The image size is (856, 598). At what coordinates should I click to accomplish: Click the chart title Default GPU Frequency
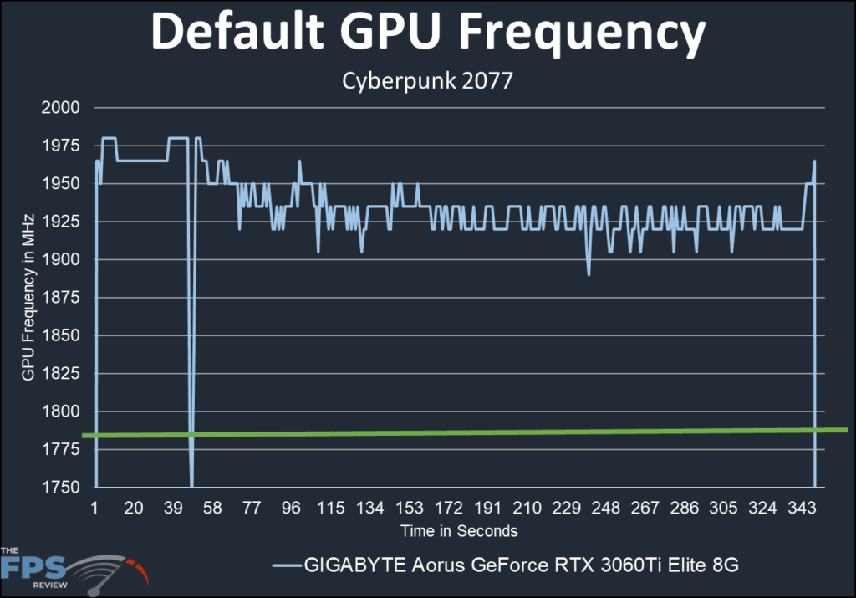pyautogui.click(x=428, y=35)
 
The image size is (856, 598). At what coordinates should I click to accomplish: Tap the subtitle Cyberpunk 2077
pyautogui.click(x=428, y=83)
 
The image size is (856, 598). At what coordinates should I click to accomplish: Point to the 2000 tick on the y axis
pyautogui.click(x=63, y=108)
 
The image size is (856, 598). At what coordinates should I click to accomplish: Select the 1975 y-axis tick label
pyautogui.click(x=63, y=146)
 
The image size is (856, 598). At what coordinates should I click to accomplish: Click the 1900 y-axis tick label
pyautogui.click(x=63, y=260)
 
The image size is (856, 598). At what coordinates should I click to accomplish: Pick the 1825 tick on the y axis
pyautogui.click(x=63, y=374)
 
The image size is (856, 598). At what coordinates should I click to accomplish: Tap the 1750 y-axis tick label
pyautogui.click(x=63, y=488)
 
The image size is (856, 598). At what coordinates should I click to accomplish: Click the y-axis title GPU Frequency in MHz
pyautogui.click(x=28, y=298)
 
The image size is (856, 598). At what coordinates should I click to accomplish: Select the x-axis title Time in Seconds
pyautogui.click(x=459, y=531)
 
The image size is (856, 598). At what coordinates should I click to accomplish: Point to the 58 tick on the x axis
pyautogui.click(x=212, y=509)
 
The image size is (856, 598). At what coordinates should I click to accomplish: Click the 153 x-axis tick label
pyautogui.click(x=410, y=509)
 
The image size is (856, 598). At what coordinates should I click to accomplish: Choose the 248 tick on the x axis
pyautogui.click(x=606, y=509)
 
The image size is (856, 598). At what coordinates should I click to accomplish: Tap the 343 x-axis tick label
pyautogui.click(x=802, y=509)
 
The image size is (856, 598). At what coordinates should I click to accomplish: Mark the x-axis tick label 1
pyautogui.click(x=95, y=509)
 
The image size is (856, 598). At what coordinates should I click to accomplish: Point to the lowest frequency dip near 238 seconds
pyautogui.click(x=588, y=274)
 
